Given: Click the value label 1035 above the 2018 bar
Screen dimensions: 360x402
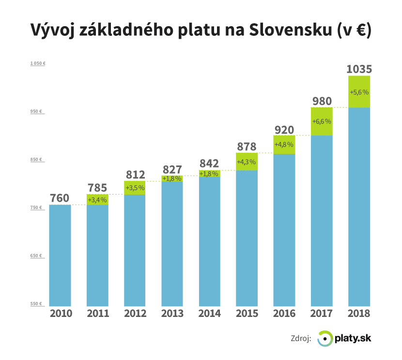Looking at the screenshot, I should (x=359, y=69).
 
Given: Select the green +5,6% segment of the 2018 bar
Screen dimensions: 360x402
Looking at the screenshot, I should (x=359, y=91).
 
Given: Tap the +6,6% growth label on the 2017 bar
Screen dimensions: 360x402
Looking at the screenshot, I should (x=322, y=121).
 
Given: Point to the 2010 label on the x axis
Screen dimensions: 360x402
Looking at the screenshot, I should (x=60, y=313).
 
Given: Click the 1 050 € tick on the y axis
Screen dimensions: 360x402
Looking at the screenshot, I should (x=37, y=63).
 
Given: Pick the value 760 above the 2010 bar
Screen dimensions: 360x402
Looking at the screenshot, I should (x=60, y=198).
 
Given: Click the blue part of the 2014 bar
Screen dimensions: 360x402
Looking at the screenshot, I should (x=210, y=242).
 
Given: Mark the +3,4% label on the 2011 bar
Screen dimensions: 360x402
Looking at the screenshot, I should (x=97, y=200).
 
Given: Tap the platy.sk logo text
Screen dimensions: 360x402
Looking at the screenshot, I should (x=353, y=338).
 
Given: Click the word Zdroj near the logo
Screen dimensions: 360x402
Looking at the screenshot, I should (x=300, y=339).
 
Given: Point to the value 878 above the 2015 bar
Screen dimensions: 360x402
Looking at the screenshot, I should (x=247, y=146).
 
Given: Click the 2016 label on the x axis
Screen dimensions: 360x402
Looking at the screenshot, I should (x=284, y=313).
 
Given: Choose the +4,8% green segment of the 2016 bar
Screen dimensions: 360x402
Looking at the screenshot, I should (x=284, y=145).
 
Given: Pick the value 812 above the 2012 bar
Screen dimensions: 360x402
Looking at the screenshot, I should (x=135, y=174).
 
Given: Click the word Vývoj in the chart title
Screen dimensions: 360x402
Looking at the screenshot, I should (x=50, y=30).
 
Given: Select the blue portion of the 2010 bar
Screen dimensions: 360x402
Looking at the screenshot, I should (x=60, y=256).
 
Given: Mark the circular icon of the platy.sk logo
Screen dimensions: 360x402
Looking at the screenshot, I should (x=325, y=339).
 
